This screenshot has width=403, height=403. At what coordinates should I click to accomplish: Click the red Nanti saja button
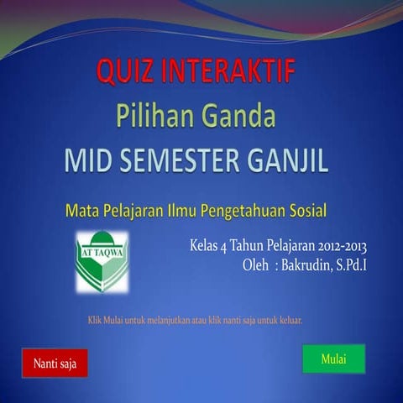[55, 364]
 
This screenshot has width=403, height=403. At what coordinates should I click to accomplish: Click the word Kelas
[207, 247]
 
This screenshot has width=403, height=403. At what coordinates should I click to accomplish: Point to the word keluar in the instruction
[288, 320]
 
